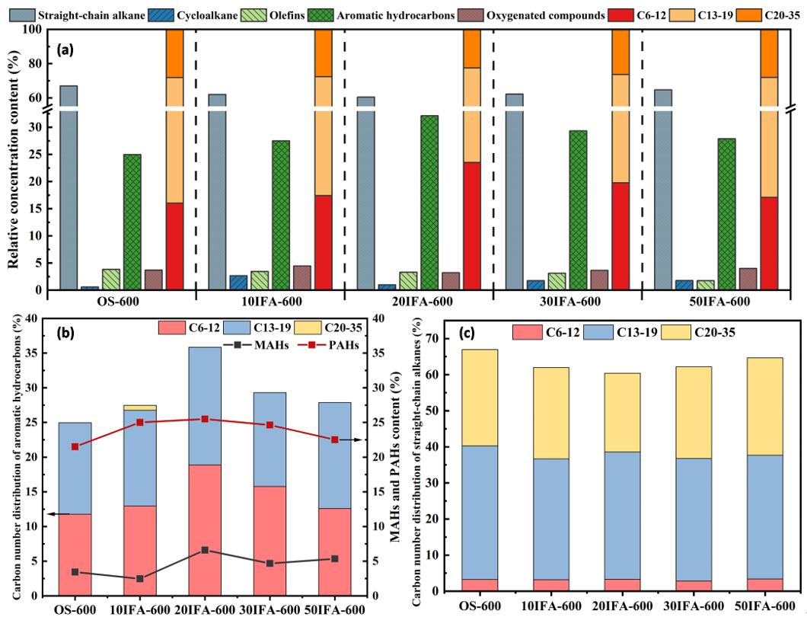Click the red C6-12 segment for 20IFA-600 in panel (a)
[472, 225]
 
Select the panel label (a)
[66, 50]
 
